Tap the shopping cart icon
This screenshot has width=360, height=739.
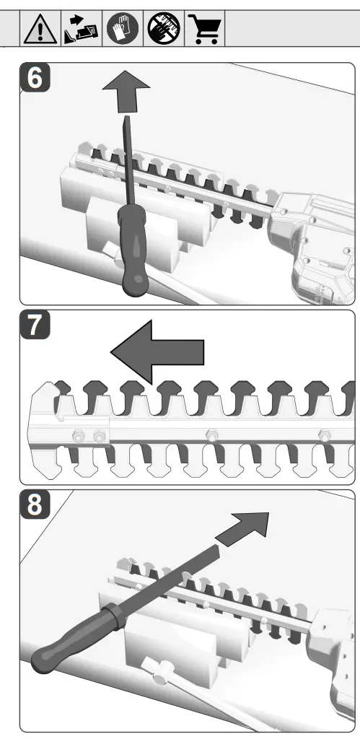[x=204, y=29]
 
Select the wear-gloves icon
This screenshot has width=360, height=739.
[x=123, y=28]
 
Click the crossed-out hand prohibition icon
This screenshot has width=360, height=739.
[x=164, y=28]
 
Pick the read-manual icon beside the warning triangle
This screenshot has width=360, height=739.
[x=81, y=29]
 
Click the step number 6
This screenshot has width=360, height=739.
[x=35, y=78]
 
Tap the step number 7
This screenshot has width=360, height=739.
[x=35, y=325]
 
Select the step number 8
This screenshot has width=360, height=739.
[x=35, y=504]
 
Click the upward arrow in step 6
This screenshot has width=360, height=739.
[x=126, y=91]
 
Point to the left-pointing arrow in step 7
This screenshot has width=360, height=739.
[x=157, y=351]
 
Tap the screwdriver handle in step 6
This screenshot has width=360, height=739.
[x=133, y=250]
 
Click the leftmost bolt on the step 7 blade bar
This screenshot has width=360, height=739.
[x=79, y=435]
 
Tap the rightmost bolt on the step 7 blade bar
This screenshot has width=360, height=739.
[x=324, y=434]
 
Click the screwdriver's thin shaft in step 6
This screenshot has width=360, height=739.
[x=127, y=160]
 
